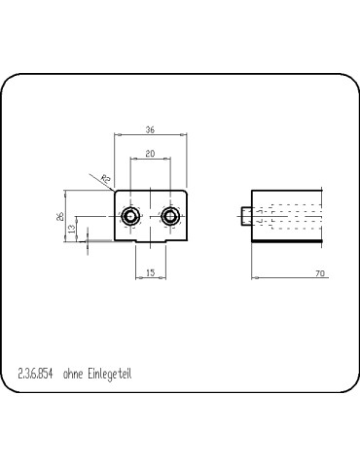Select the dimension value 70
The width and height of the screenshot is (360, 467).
pos(319,273)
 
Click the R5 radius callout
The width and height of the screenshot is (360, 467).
pos(105,178)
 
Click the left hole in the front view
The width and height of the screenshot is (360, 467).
pos(128,215)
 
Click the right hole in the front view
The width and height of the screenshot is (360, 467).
pos(170,215)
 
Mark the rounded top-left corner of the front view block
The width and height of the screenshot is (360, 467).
pos(118,192)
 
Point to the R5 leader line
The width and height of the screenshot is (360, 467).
pos(110,185)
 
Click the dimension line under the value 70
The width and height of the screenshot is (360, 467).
pos(292,279)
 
